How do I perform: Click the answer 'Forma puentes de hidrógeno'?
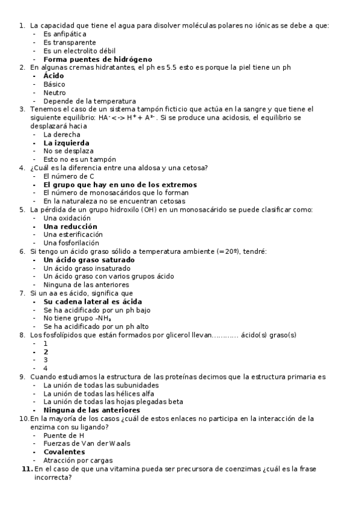[97, 60]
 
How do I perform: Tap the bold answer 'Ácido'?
[53, 76]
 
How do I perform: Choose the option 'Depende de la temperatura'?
[90, 101]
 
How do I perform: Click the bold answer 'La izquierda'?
[66, 143]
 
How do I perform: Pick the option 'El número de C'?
[69, 176]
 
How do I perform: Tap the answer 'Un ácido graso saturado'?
[89, 260]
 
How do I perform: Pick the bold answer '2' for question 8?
[46, 352]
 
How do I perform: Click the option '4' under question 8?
[46, 368]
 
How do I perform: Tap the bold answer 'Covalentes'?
[64, 452]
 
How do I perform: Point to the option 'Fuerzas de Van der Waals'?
[87, 443]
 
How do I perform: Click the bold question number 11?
[26, 469]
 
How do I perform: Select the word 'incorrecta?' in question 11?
[53, 478]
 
